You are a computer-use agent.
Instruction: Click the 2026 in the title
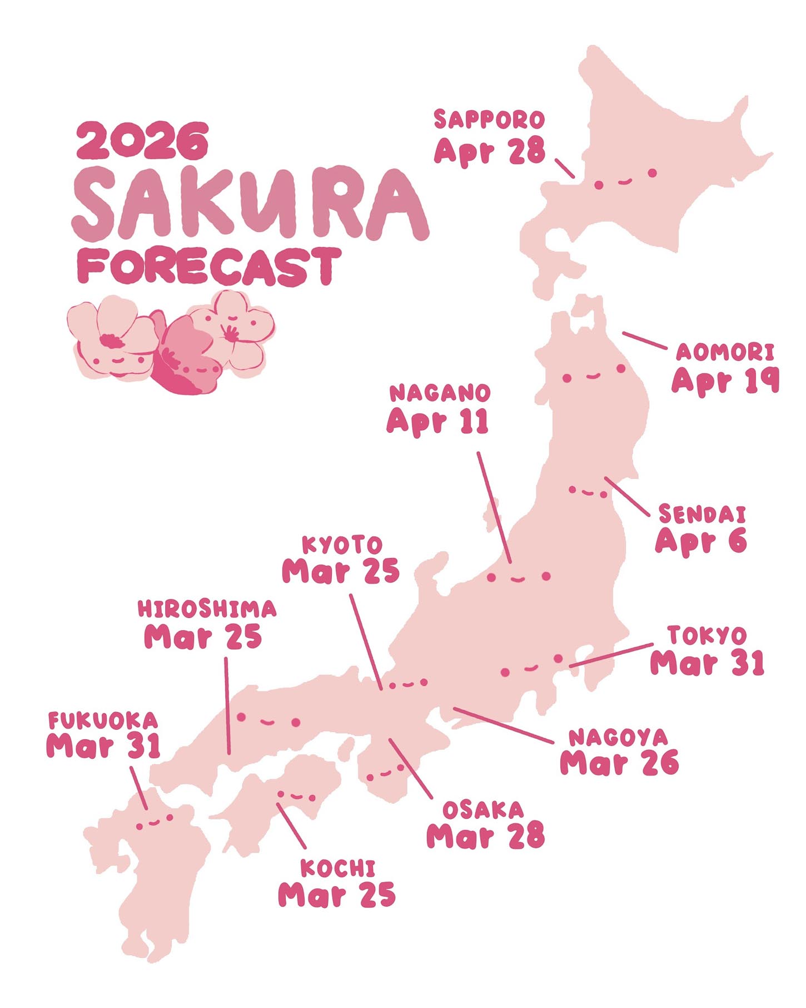[x=142, y=140]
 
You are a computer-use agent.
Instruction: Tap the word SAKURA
[x=250, y=204]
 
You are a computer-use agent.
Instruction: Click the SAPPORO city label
[x=489, y=120]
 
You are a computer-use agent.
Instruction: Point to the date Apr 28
[x=489, y=150]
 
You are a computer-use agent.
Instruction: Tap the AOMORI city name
[x=725, y=352]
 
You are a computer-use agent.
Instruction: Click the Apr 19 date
[x=725, y=381]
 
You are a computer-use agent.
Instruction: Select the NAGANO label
[x=439, y=393]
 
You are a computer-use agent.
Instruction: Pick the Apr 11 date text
[x=438, y=421]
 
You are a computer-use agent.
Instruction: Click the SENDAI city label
[x=701, y=515]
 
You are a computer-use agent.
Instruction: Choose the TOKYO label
[x=707, y=635]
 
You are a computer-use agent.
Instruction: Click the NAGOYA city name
[x=618, y=738]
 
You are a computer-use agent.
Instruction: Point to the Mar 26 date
[x=619, y=763]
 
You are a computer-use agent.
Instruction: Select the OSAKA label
[x=482, y=810]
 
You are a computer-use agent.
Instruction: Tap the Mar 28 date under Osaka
[x=485, y=836]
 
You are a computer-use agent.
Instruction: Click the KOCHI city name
[x=337, y=868]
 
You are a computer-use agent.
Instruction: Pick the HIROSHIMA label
[x=207, y=609]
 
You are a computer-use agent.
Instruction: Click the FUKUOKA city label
[x=103, y=721]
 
